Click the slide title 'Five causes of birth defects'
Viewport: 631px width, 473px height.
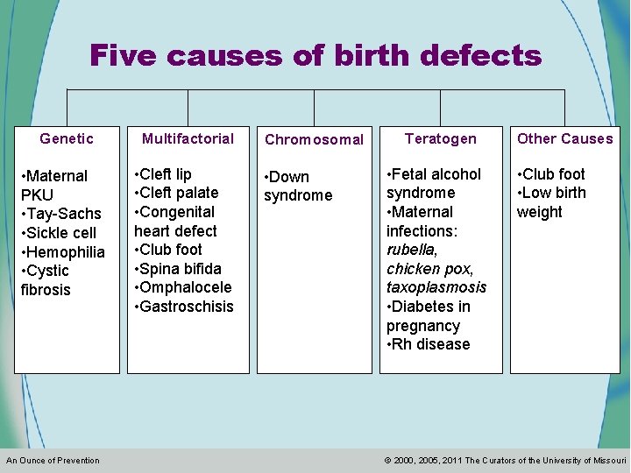[x=315, y=56]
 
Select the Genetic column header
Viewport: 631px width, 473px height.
[x=67, y=138]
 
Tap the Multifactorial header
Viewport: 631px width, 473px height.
[x=188, y=138]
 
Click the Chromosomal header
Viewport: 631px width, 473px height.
[x=314, y=139]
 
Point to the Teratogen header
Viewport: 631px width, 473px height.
[x=441, y=138]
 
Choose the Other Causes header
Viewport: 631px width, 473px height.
[x=565, y=138]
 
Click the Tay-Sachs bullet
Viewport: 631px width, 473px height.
[x=61, y=214]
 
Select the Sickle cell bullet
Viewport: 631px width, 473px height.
[x=59, y=233]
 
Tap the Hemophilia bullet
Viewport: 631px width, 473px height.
[x=63, y=252]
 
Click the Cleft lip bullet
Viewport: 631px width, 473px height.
[x=163, y=174]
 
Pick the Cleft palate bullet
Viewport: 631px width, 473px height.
[x=176, y=193]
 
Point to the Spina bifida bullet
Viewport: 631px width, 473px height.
[x=178, y=269]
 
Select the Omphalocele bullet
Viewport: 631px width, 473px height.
[x=183, y=287]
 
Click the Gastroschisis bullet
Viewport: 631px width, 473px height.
[x=184, y=307]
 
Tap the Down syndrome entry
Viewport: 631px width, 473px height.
[x=298, y=186]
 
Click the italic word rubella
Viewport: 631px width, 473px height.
[x=411, y=250]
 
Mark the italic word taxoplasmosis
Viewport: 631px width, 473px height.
[x=436, y=287]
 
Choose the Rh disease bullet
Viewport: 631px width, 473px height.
[x=429, y=344]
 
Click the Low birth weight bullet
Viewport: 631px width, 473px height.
[x=552, y=202]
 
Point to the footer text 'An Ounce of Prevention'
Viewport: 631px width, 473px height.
[x=53, y=461]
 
